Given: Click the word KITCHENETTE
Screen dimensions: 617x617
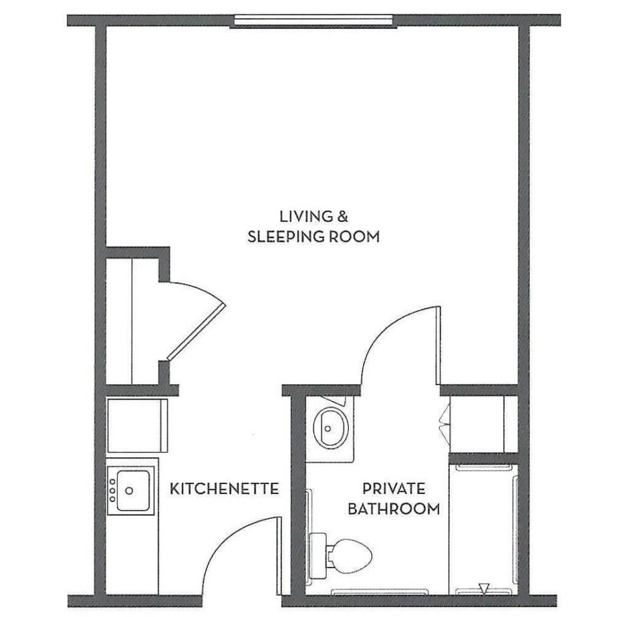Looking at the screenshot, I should (224, 489).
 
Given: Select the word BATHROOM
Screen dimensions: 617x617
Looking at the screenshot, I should (393, 509).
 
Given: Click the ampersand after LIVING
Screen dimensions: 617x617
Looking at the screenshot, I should (342, 217).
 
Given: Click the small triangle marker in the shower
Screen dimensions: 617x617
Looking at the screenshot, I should (485, 588).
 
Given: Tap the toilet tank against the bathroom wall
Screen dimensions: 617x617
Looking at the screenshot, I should (320, 553).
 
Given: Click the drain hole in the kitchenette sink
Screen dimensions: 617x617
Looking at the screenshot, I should (129, 491).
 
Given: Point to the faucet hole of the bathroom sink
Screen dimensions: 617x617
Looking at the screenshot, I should (328, 428).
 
